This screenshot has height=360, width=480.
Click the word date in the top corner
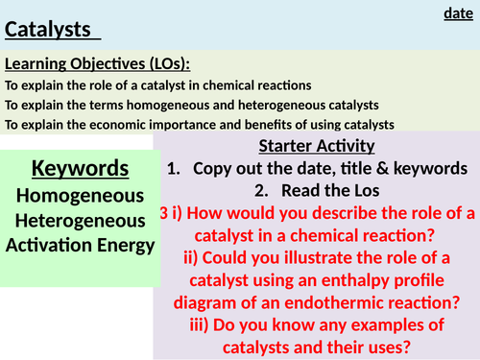click(x=458, y=13)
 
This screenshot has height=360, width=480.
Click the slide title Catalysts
click(x=52, y=29)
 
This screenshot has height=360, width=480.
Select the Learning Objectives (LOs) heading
click(x=98, y=64)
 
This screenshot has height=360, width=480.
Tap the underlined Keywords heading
click(x=80, y=169)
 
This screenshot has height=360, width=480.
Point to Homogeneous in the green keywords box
click(x=81, y=195)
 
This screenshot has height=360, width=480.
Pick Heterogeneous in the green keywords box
click(x=81, y=220)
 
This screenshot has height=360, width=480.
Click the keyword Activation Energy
click(x=81, y=245)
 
